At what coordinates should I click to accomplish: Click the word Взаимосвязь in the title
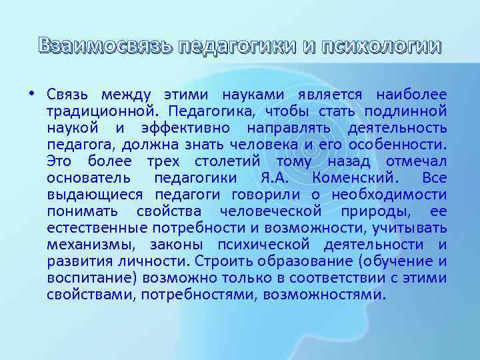(x=105, y=47)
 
